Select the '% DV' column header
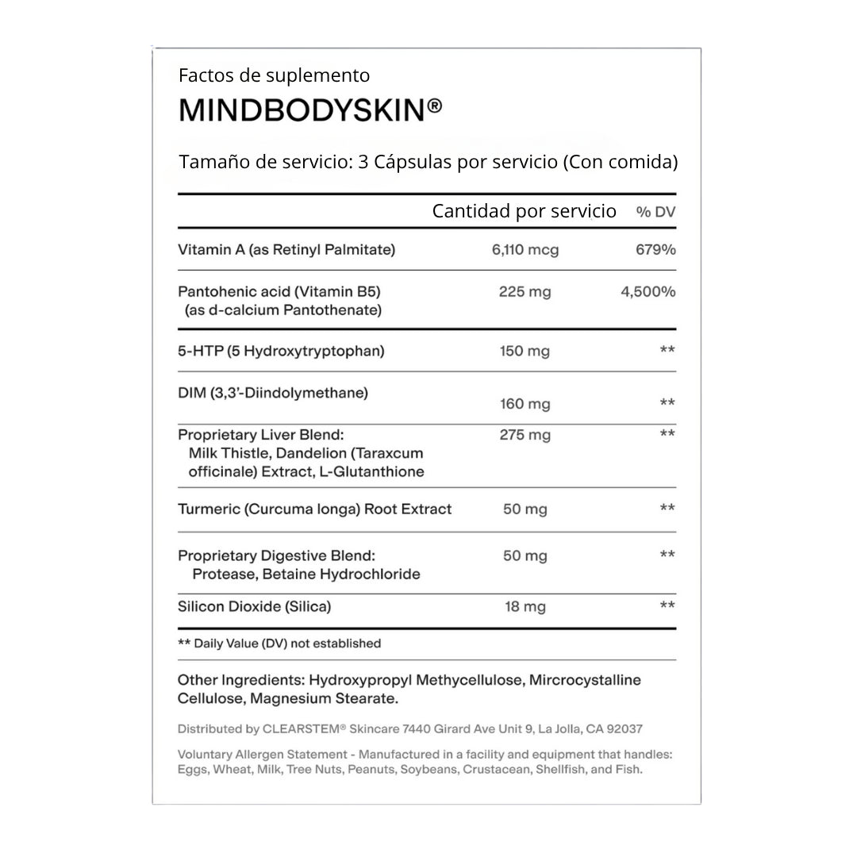point(655,212)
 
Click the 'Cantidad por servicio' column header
point(524,211)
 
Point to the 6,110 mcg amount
point(525,250)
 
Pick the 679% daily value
point(655,250)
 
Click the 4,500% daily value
point(648,292)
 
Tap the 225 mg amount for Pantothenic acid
point(525,292)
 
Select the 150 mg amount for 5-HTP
point(525,351)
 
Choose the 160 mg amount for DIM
point(525,405)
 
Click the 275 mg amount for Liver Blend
point(525,436)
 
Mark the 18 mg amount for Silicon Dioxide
point(525,607)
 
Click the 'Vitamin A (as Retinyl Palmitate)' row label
point(286,250)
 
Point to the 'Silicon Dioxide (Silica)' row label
point(254,607)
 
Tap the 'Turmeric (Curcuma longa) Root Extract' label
point(314,509)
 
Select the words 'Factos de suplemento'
point(274,76)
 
